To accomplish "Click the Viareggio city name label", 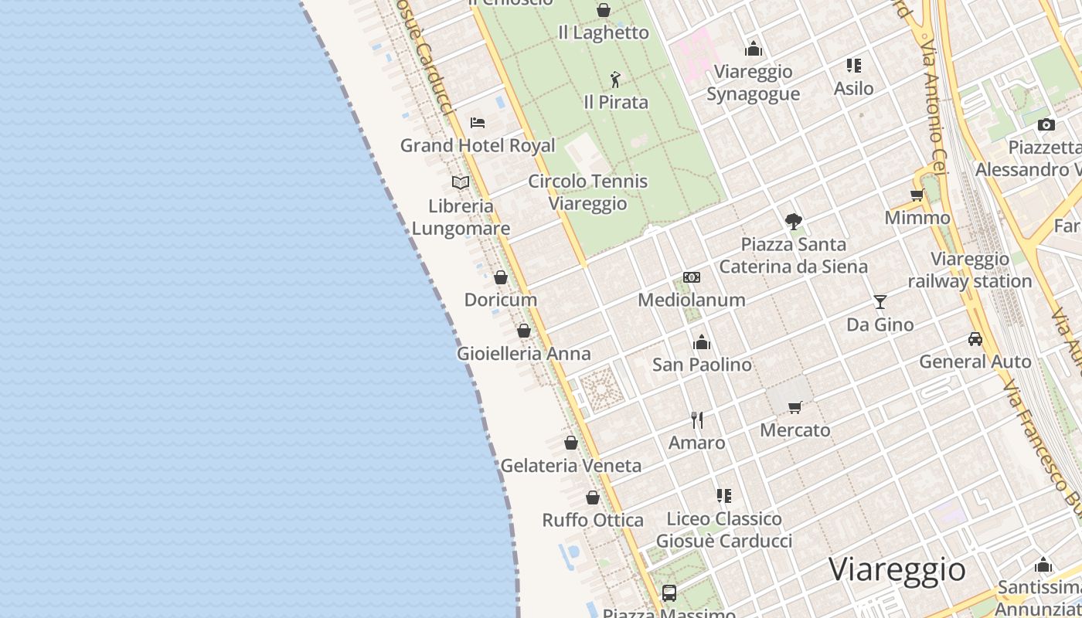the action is coord(897,570).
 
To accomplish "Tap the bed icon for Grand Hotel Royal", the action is coord(478,122).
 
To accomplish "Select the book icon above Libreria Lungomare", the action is coord(461,182).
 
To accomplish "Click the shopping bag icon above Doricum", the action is coord(501,277).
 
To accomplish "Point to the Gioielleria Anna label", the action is coord(523,354).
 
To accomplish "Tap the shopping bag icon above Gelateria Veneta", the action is coord(571,443).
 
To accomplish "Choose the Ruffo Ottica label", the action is coord(593,520).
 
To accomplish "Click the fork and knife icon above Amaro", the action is coord(697,419).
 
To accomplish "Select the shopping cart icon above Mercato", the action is coord(794,407).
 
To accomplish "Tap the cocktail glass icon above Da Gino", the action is coord(880,301).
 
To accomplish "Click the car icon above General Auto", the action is coord(975,338).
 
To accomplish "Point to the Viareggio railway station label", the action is coord(970,270).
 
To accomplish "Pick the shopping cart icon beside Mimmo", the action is coord(917,195).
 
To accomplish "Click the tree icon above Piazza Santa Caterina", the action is coord(793,222).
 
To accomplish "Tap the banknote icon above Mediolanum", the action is coord(692,277).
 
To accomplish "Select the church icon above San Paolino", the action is coord(702,341).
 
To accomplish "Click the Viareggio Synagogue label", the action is coord(753,83).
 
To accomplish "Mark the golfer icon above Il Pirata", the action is coord(615,80).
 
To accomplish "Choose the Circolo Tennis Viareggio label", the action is coord(587,192).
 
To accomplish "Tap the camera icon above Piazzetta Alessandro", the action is coord(1046,124).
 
